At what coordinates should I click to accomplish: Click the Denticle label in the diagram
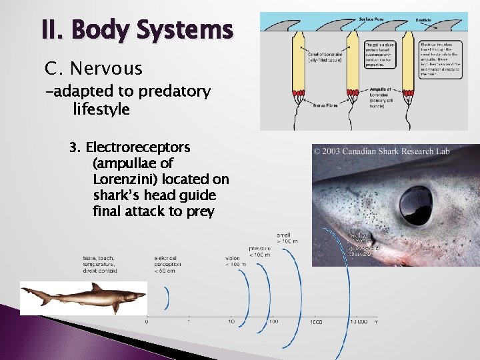(433, 20)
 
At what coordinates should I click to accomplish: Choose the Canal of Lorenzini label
(324, 56)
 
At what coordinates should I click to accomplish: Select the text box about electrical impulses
(436, 59)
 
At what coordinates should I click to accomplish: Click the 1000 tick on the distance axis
(317, 322)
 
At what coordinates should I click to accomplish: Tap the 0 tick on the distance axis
(147, 322)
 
